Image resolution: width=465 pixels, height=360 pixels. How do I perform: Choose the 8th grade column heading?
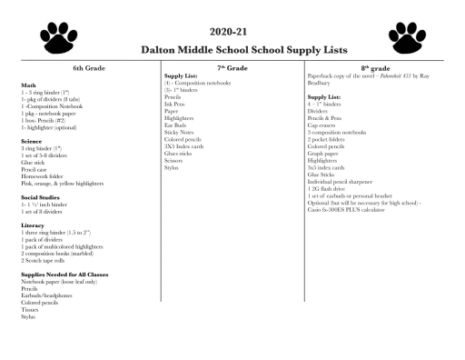pyautogui.click(x=375, y=69)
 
